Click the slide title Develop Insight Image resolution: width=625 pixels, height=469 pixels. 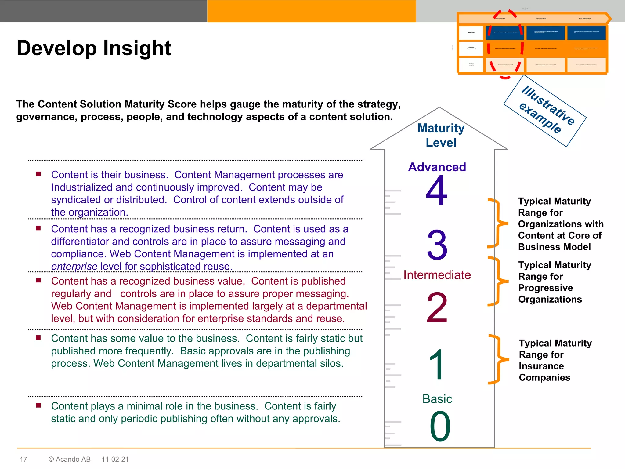(94, 48)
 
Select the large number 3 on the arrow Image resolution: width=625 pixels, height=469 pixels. (437, 245)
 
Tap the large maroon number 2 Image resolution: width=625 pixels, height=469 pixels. (437, 307)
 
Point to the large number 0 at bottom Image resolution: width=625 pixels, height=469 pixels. (440, 426)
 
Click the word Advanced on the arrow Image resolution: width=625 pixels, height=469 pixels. (437, 167)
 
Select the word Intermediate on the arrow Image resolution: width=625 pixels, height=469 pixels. (437, 275)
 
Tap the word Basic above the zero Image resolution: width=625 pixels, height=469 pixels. (437, 399)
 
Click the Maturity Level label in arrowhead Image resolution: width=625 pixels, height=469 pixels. (441, 135)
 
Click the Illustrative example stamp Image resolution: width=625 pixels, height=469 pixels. (545, 111)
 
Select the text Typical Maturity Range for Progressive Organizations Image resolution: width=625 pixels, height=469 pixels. (555, 282)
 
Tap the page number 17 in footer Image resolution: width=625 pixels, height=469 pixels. (23, 459)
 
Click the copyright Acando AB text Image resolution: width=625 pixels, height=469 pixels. (70, 459)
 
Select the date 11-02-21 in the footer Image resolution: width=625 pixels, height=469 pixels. (115, 459)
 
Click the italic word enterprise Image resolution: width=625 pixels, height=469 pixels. (74, 267)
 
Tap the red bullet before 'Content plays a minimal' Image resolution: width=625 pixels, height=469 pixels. (38, 405)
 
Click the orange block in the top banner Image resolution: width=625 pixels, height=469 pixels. (311, 11)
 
